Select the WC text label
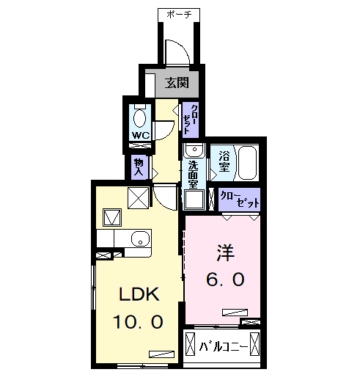click(x=141, y=135)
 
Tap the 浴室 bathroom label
click(x=224, y=161)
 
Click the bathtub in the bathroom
click(x=246, y=161)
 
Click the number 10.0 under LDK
click(x=138, y=321)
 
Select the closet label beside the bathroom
click(x=240, y=199)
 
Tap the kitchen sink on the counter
click(x=138, y=238)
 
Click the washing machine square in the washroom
click(x=194, y=200)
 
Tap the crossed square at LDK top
click(x=138, y=198)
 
